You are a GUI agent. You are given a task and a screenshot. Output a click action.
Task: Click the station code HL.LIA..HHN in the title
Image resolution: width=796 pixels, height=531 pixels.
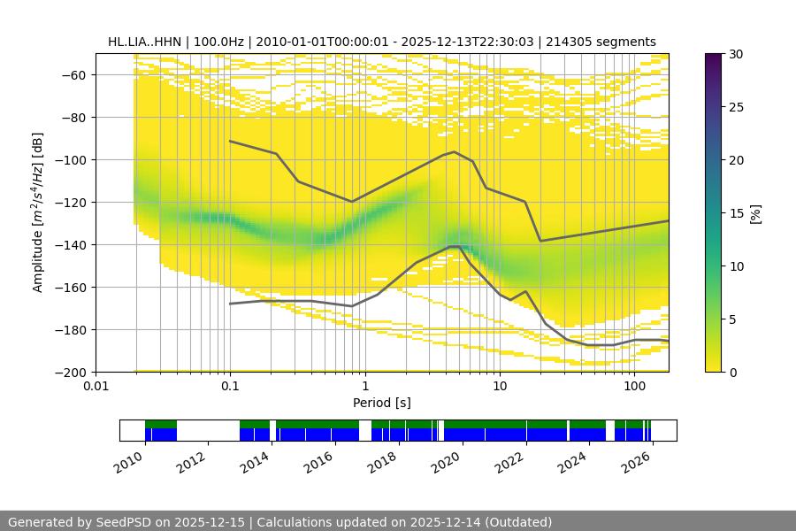pos(145,42)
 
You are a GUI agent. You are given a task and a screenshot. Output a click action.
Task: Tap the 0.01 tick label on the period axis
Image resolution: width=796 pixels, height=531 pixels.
pos(96,386)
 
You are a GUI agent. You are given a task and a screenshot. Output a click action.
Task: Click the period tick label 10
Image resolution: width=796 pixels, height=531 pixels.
pos(500,386)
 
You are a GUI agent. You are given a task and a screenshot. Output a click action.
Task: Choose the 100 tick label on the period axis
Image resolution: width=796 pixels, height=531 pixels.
pos(634,386)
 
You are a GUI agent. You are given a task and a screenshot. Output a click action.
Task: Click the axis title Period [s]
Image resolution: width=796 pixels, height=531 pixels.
pos(382,403)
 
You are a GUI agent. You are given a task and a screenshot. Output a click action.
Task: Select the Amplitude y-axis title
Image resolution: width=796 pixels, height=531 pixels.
pos(38,212)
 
